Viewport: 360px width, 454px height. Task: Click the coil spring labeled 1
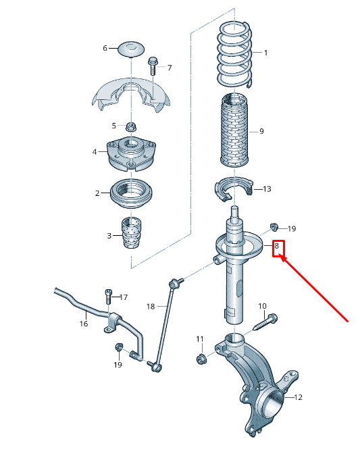pyautogui.click(x=234, y=53)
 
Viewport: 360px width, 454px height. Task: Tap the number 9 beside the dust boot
pyautogui.click(x=261, y=131)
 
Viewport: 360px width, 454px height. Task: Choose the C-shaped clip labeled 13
pyautogui.click(x=232, y=191)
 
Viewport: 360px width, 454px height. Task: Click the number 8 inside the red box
pyautogui.click(x=276, y=247)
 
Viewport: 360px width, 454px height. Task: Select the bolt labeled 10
pyautogui.click(x=267, y=321)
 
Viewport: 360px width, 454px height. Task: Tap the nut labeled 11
pyautogui.click(x=200, y=358)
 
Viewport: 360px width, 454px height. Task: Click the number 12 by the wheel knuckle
pyautogui.click(x=298, y=397)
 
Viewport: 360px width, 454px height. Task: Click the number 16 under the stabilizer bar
pyautogui.click(x=83, y=324)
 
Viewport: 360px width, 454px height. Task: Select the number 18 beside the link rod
pyautogui.click(x=151, y=306)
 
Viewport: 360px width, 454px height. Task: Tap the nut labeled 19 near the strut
pyautogui.click(x=274, y=226)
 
